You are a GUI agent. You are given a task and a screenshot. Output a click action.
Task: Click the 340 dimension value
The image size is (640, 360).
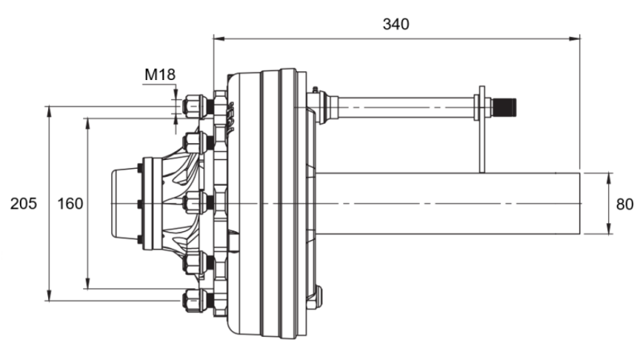coord(396,24)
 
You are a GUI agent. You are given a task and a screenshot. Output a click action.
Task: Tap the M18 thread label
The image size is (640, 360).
coord(159,75)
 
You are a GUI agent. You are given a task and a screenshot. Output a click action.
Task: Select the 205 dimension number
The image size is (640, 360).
coord(23,204)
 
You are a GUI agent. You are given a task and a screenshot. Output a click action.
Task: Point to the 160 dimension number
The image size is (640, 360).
coord(70,204)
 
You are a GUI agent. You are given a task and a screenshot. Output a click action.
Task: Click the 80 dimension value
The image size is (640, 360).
coord(624,204)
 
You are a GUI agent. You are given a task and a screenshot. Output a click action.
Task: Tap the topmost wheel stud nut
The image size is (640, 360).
coord(194,106)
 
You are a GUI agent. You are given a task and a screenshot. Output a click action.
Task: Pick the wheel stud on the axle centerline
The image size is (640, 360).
coord(194,203)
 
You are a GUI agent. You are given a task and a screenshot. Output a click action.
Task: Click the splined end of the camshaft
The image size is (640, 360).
coord(505,106)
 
